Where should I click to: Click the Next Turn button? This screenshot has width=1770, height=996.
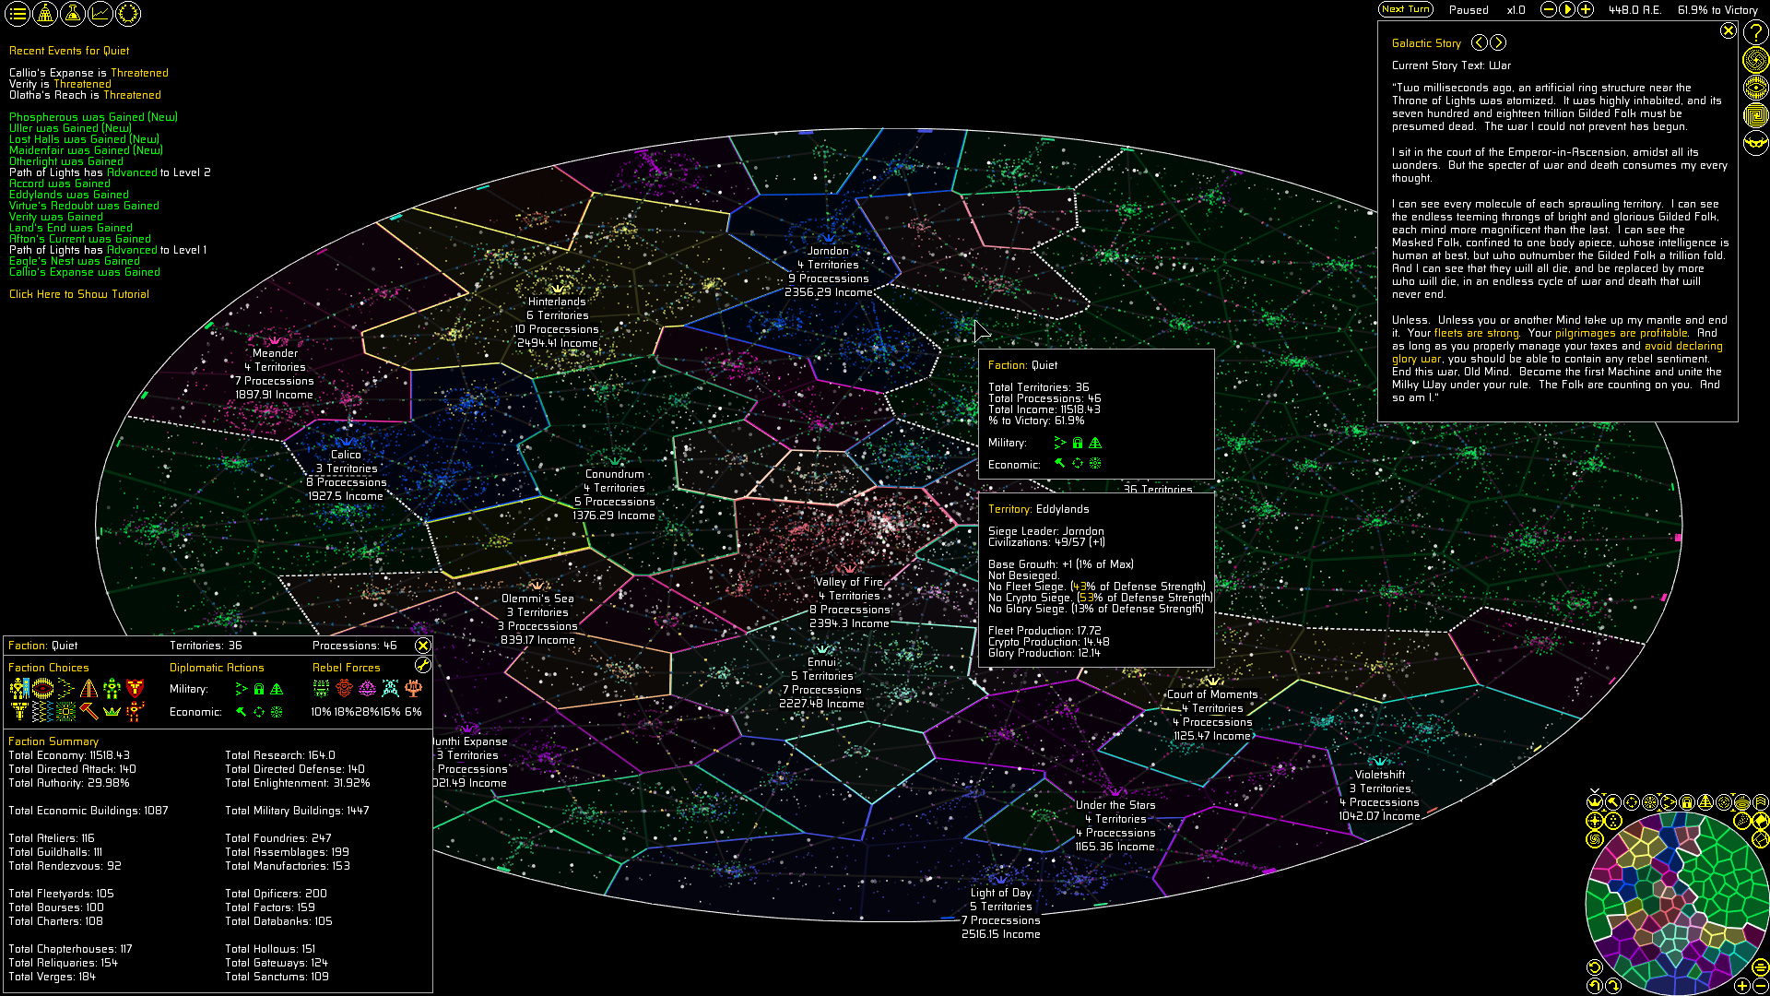1405,9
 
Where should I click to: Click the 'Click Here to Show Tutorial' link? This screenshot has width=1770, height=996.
79,294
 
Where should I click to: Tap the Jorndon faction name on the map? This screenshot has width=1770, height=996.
828,251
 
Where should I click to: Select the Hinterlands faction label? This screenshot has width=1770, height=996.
557,302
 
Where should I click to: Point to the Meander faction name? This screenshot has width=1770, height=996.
275,353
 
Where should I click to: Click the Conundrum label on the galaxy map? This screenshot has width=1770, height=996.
614,474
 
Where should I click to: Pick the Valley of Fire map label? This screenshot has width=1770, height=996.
849,582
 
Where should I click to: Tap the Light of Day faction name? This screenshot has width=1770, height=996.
1000,893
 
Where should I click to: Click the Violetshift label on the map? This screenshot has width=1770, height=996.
1379,775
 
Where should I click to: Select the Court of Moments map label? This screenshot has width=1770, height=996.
1212,694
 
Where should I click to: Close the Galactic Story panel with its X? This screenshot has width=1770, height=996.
1728,30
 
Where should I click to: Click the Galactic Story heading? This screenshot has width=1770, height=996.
1426,43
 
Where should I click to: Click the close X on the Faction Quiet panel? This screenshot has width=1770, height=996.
423,646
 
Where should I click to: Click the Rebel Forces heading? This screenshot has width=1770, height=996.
346,668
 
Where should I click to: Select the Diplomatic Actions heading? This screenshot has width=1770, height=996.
217,668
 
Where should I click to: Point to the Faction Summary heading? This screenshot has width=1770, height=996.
53,741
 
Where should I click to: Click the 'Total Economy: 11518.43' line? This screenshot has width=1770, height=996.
69,755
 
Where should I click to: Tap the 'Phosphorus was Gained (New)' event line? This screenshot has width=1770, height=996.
93,117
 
